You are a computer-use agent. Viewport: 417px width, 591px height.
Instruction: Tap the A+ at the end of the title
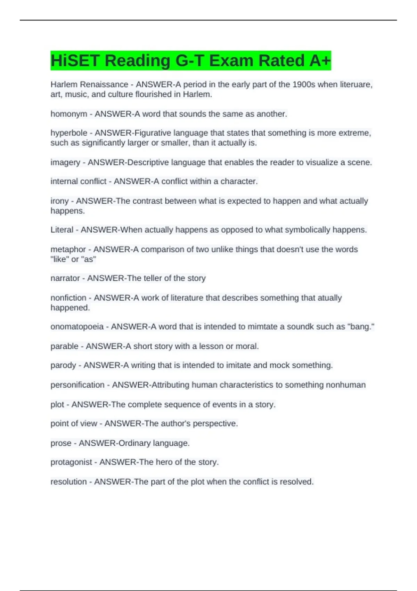click(320, 60)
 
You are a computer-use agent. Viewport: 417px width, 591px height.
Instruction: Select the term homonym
click(69, 114)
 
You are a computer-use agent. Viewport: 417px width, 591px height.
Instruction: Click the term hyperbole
click(69, 133)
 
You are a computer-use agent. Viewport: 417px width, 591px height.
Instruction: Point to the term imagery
click(65, 162)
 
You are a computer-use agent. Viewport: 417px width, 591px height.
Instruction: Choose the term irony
click(60, 201)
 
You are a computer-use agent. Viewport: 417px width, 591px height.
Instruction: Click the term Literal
click(62, 230)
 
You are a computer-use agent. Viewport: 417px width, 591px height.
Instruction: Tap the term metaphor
click(68, 249)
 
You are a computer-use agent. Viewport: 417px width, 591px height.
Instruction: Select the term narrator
click(65, 278)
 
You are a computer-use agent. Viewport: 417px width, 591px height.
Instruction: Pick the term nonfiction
click(68, 298)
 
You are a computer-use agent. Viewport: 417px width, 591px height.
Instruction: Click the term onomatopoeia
click(77, 327)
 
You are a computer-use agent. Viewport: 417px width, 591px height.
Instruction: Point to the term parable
click(65, 346)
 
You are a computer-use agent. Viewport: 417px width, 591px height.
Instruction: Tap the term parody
click(63, 365)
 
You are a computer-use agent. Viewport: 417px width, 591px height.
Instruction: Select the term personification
click(77, 385)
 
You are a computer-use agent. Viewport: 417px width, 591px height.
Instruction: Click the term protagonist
click(71, 462)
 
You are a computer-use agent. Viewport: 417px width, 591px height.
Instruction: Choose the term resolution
click(69, 482)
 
